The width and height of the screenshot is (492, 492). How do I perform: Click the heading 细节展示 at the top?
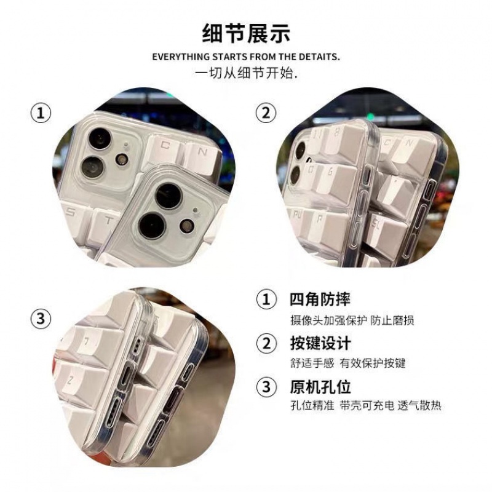pyautogui.click(x=245, y=31)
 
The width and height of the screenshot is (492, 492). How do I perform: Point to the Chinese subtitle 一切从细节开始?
pyautogui.click(x=246, y=73)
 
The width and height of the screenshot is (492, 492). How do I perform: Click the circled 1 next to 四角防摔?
pyautogui.click(x=266, y=301)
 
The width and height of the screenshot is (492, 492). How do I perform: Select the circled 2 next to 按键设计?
pyautogui.click(x=266, y=343)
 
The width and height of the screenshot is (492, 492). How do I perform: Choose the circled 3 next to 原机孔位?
pyautogui.click(x=266, y=387)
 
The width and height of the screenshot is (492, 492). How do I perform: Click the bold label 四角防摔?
pyautogui.click(x=320, y=300)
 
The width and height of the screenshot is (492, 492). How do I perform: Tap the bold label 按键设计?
pyautogui.click(x=320, y=343)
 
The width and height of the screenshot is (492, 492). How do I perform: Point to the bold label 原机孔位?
pyautogui.click(x=320, y=387)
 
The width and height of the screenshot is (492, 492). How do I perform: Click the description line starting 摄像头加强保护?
pyautogui.click(x=352, y=320)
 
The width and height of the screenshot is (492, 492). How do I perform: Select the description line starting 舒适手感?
pyautogui.click(x=347, y=363)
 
